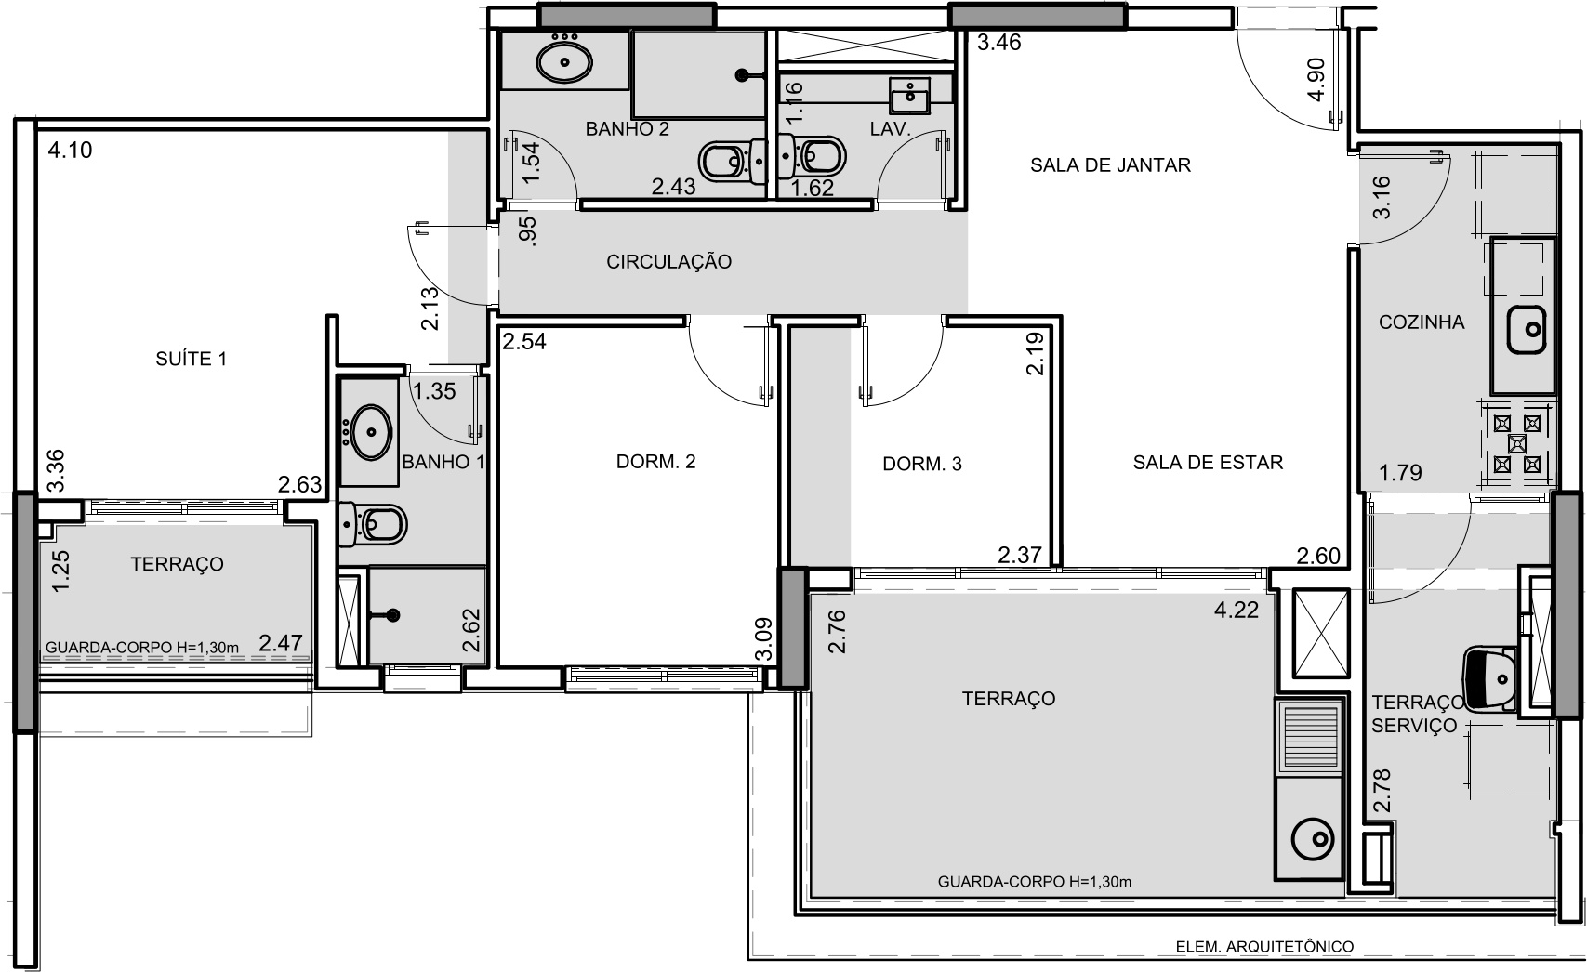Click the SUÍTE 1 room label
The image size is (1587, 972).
(191, 359)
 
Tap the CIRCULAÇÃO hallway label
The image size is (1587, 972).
(668, 262)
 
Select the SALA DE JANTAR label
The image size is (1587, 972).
(1110, 165)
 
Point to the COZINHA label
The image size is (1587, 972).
(1422, 322)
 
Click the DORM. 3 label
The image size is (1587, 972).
(921, 464)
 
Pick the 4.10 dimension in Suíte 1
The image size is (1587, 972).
(70, 151)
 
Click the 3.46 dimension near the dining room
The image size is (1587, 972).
(998, 43)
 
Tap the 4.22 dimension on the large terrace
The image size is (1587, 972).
(1237, 611)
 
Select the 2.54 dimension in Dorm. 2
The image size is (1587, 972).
(524, 341)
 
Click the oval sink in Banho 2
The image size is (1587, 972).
(564, 62)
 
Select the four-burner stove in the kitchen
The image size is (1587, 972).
(1516, 444)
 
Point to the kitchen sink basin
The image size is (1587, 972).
(1526, 329)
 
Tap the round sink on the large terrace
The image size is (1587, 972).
(1313, 840)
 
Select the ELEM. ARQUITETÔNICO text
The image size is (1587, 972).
(1264, 947)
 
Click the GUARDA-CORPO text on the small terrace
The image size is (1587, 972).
(141, 648)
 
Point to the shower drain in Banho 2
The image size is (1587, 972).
(742, 74)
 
